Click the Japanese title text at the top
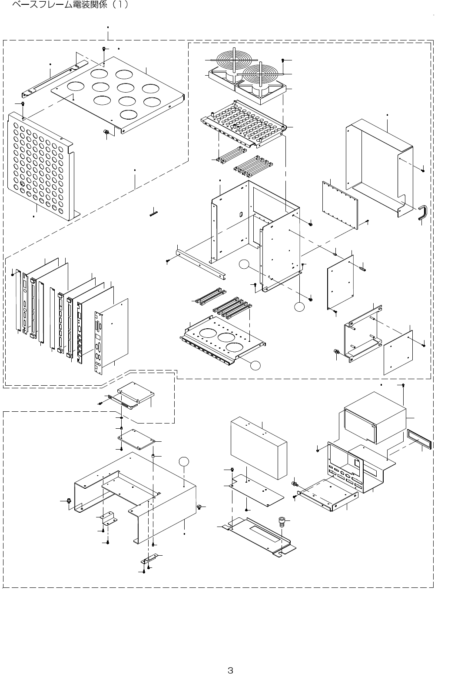pyautogui.click(x=70, y=6)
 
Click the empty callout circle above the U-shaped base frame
pyautogui.click(x=185, y=461)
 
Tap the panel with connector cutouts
pyautogui.click(x=345, y=470)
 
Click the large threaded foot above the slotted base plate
pyautogui.click(x=282, y=521)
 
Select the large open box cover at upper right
pyautogui.click(x=378, y=165)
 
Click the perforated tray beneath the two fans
pyautogui.click(x=243, y=126)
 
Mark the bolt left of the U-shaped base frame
pyautogui.click(x=68, y=503)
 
